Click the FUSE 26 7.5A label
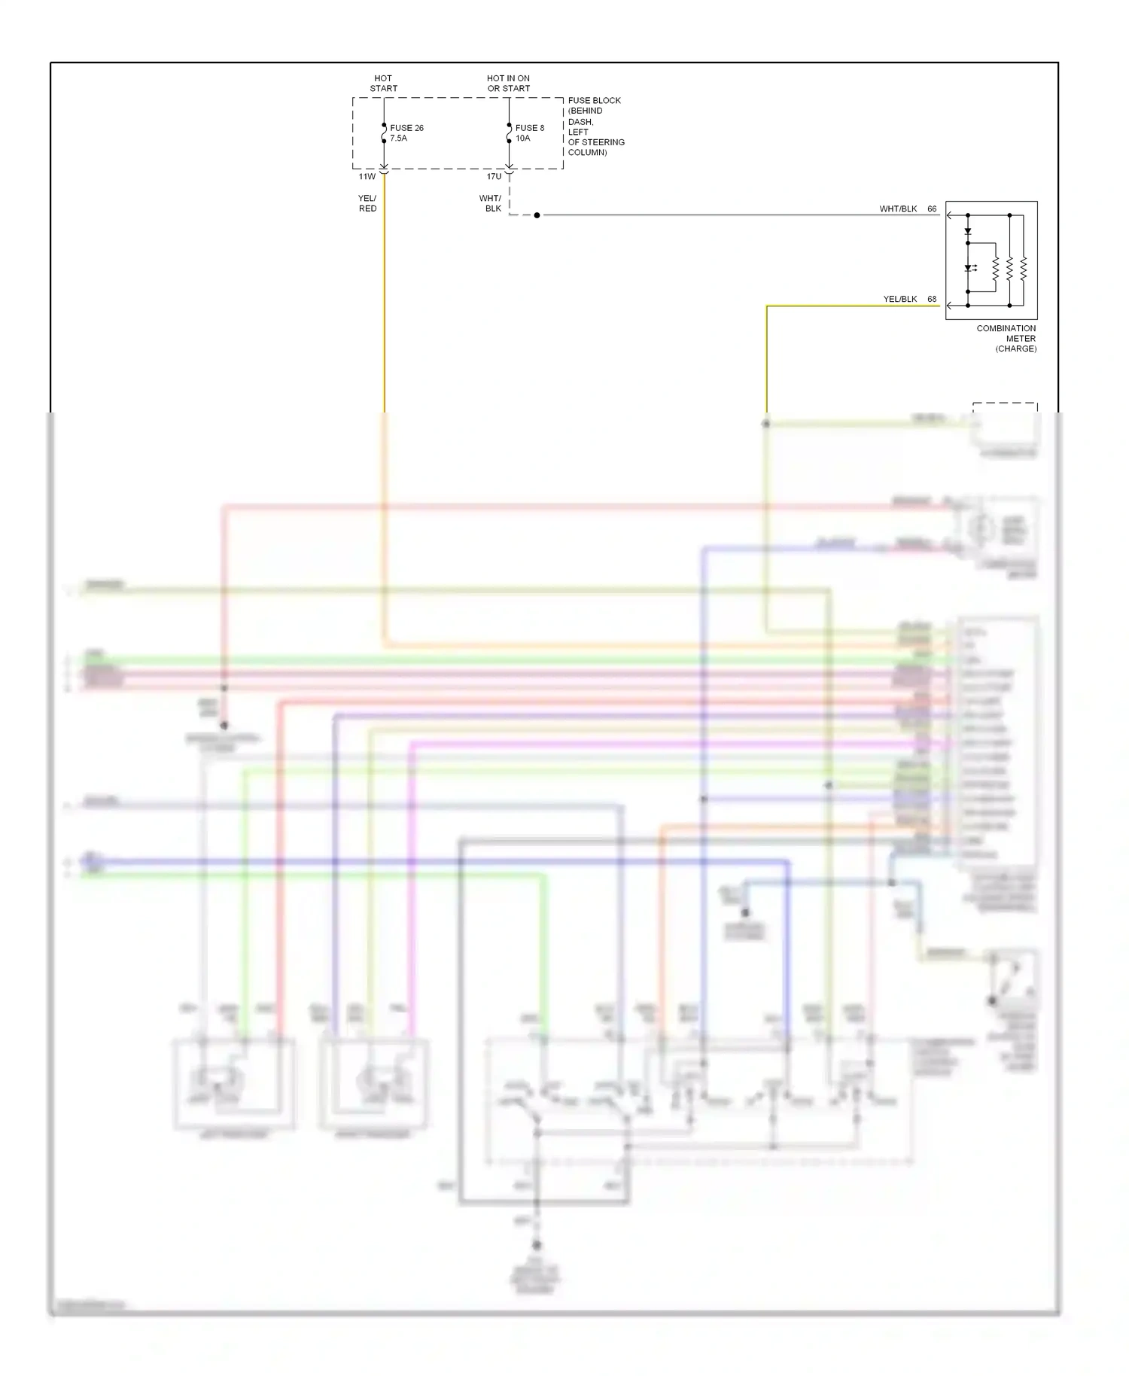coord(406,133)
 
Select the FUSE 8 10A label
coord(529,133)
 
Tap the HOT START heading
coord(383,83)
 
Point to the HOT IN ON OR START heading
coord(508,83)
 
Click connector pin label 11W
coord(367,177)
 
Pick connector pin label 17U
coord(494,177)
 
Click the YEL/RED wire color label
coord(367,203)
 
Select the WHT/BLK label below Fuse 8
coord(491,203)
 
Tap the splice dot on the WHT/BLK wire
coord(537,215)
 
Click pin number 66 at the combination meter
coord(932,209)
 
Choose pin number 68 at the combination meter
coord(932,300)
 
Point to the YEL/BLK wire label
coord(900,300)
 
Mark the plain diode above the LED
coord(969,232)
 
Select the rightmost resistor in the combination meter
coord(1024,268)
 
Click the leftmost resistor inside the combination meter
coord(995,268)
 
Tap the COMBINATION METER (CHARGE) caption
coord(1006,339)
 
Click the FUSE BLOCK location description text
coord(595,126)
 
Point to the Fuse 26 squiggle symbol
coord(384,133)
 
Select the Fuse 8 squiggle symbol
coord(509,133)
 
